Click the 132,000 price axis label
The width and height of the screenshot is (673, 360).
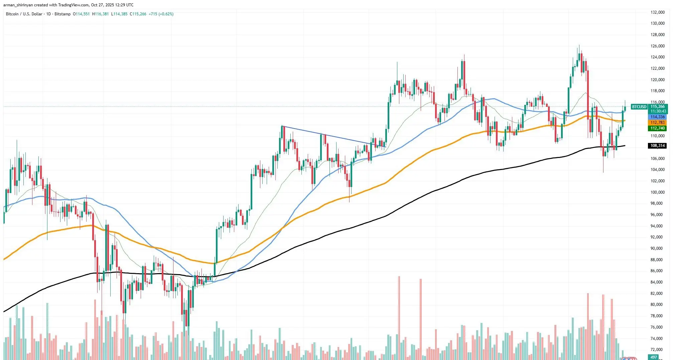(x=657, y=12)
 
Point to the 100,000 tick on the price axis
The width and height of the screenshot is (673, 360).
(x=657, y=192)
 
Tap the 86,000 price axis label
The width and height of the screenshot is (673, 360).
(x=657, y=271)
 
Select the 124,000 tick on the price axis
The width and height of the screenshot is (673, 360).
(x=657, y=57)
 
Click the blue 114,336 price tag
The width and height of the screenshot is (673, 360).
(x=657, y=117)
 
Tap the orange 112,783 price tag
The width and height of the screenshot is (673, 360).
(x=657, y=123)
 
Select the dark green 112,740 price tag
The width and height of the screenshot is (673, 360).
(x=657, y=128)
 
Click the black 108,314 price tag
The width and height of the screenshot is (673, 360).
(x=657, y=146)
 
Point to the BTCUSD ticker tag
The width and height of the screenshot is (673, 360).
(x=639, y=107)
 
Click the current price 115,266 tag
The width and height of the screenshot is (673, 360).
(x=658, y=107)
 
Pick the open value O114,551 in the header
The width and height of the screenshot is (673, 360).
(x=81, y=14)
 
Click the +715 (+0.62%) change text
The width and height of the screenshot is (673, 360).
(x=161, y=14)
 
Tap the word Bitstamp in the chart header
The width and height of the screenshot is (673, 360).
(x=62, y=14)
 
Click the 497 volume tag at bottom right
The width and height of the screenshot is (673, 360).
(x=654, y=357)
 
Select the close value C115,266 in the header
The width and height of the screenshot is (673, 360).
(x=138, y=14)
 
